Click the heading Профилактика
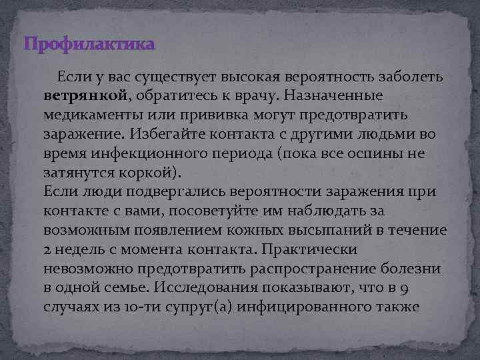click(89, 45)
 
